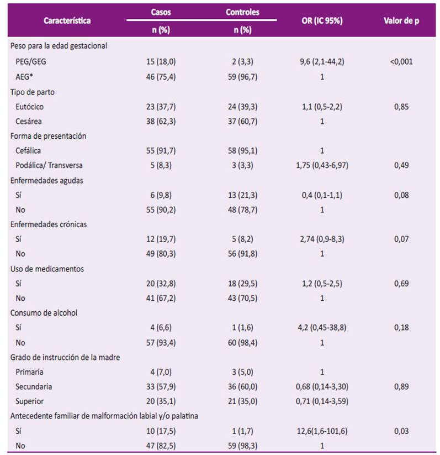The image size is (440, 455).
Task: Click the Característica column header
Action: click(x=67, y=20)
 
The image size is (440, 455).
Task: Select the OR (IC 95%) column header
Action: click(x=322, y=20)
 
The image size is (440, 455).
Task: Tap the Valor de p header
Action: click(x=401, y=20)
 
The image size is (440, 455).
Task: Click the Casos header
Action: click(x=161, y=12)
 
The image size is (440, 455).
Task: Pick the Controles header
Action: click(x=242, y=12)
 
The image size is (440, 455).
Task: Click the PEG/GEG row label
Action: click(x=31, y=61)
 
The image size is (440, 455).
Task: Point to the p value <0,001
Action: click(x=401, y=61)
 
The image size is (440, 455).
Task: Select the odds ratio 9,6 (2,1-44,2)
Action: click(x=322, y=61)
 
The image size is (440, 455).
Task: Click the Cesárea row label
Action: click(x=28, y=121)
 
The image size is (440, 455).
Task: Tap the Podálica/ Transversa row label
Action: click(x=49, y=165)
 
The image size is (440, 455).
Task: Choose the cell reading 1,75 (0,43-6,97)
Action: click(x=322, y=165)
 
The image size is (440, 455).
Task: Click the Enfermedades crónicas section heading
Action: click(x=49, y=224)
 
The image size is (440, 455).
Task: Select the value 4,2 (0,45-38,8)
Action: click(x=322, y=327)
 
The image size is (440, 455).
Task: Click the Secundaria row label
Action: click(x=34, y=386)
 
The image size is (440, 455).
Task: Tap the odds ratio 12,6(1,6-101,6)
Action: click(x=322, y=431)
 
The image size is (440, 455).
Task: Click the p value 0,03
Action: click(x=401, y=431)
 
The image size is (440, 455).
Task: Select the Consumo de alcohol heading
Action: click(x=44, y=313)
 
